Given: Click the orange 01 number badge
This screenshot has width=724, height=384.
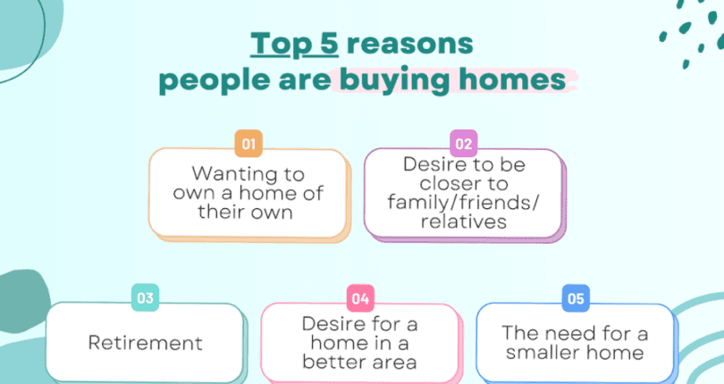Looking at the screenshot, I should (x=248, y=143).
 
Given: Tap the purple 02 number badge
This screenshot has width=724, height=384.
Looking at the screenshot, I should (x=464, y=143).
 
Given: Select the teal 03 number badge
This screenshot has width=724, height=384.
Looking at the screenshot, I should (x=144, y=296).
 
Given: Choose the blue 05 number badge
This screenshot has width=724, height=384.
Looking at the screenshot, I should (x=575, y=296).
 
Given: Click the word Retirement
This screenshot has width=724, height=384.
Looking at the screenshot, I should (x=145, y=343).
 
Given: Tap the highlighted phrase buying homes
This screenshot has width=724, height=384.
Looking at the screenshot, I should (x=451, y=80).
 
